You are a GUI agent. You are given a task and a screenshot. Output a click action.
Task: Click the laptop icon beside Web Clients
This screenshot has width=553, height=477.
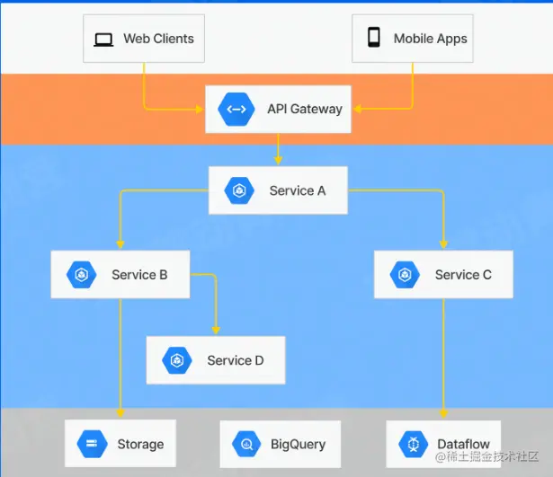click(x=104, y=39)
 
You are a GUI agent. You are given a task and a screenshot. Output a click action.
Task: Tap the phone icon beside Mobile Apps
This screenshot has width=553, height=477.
click(x=373, y=38)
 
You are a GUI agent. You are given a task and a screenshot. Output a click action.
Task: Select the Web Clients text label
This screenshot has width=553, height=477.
click(x=158, y=39)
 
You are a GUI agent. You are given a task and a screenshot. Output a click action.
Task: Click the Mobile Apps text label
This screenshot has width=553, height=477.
click(x=430, y=39)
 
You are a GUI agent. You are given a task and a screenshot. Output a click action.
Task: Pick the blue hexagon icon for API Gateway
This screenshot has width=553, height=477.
click(x=236, y=109)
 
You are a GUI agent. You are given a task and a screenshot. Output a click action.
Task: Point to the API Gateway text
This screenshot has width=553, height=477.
click(x=304, y=109)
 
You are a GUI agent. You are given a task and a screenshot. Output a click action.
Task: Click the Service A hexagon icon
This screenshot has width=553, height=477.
click(x=239, y=190)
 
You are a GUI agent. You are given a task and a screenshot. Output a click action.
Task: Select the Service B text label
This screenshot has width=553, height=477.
click(x=139, y=274)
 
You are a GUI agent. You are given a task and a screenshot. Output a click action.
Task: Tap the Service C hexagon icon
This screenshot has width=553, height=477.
click(x=405, y=275)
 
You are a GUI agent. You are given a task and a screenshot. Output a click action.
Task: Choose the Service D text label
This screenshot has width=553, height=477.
click(x=235, y=360)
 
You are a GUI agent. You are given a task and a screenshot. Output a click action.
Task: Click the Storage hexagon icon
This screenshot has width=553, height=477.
click(x=92, y=444)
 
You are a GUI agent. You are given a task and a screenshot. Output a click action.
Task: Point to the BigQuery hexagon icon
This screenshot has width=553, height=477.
click(x=245, y=444)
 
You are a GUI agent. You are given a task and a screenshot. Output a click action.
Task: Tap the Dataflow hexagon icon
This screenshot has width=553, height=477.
click(x=412, y=444)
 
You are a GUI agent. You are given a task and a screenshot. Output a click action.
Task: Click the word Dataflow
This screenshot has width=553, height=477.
click(x=464, y=444)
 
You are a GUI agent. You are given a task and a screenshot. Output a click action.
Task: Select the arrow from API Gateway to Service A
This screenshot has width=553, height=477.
click(x=279, y=148)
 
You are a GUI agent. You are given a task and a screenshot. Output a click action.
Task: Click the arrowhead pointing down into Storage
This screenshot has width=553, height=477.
click(x=120, y=412)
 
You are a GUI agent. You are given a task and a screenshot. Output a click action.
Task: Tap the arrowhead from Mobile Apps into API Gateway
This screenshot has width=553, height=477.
click(x=357, y=110)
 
